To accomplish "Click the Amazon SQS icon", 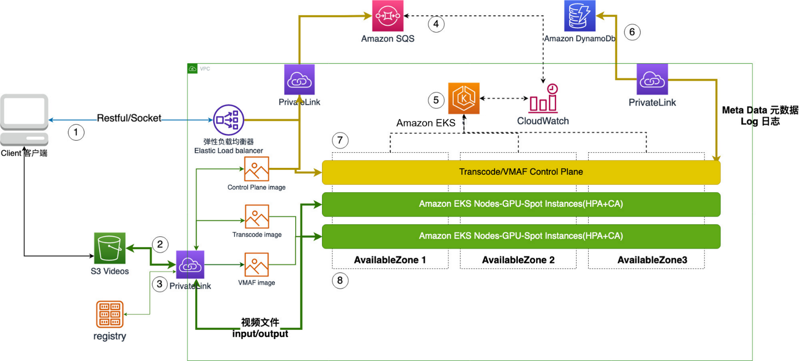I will coord(387,16).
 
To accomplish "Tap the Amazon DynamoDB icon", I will coord(580,16).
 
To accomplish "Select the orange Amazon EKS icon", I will coord(464,98).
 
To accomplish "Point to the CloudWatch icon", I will coord(543,99).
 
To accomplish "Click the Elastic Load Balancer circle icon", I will coord(228,120).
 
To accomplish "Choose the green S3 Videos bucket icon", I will coord(110,248).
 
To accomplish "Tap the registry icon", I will coord(110,314).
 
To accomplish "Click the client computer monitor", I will coord(24,115).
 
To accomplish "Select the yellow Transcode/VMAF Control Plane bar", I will coord(521,172).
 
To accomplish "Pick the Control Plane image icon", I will coord(256,169).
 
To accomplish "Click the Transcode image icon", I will coord(257,216).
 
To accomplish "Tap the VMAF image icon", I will coord(256,264).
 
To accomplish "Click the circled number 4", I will coord(436,24).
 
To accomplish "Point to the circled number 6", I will coord(632,32).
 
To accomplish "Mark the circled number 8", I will coord(340,280).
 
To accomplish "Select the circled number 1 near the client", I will coord(76,132).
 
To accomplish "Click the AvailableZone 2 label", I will coord(518,260).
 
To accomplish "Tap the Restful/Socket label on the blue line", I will coord(129,118).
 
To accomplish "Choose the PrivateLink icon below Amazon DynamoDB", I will coord(652,80).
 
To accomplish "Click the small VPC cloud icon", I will coord(192,69).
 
